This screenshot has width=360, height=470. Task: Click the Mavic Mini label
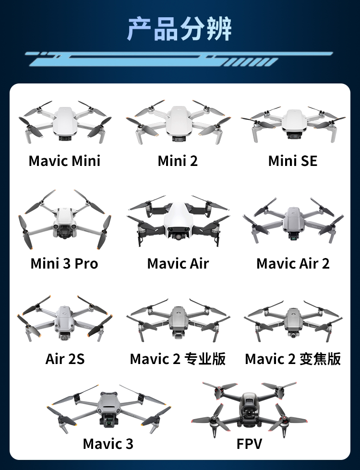point(64,161)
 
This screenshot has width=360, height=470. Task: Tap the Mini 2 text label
point(178,161)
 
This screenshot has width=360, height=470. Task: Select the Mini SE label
point(293,161)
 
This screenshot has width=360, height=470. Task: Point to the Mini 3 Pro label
point(64,263)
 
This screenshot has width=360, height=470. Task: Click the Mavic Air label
point(178,263)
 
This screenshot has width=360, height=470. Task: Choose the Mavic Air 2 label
point(293,263)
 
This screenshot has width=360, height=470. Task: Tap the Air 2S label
point(65,359)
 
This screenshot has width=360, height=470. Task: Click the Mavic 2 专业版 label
point(178,359)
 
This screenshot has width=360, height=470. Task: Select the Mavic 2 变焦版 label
point(293,359)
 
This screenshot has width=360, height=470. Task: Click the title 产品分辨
point(180,29)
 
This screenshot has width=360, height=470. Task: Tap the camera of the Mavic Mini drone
point(64,139)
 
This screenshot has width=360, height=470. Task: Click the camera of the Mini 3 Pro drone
point(64,232)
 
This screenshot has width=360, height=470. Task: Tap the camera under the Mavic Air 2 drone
point(294,237)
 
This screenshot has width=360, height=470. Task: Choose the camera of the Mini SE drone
point(293,136)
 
